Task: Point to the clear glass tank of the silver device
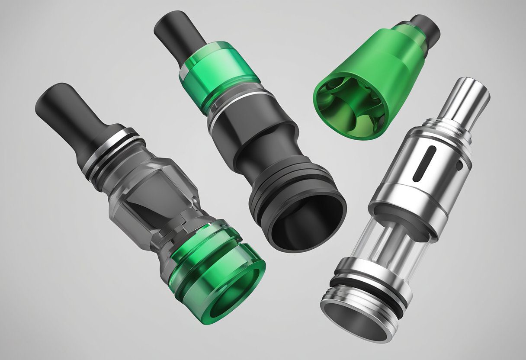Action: pos(389,242)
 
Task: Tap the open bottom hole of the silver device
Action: pos(353,318)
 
